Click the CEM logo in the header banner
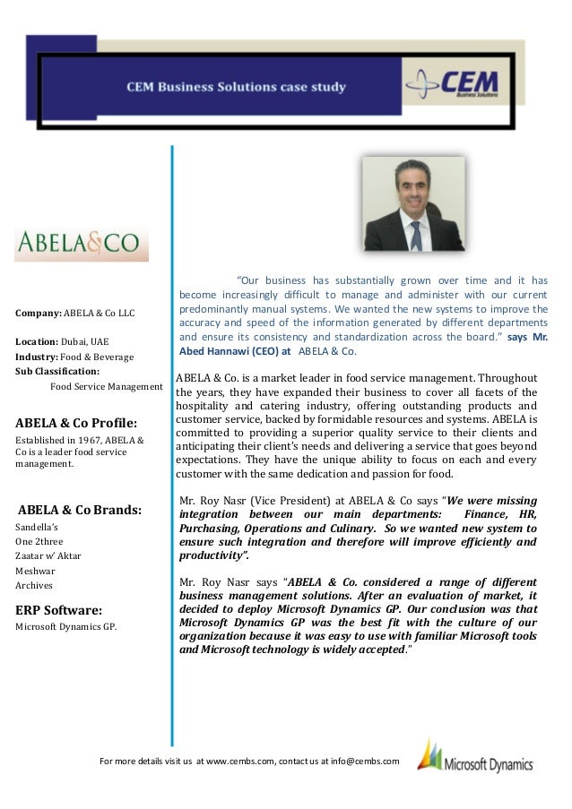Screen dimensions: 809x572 tap(456, 84)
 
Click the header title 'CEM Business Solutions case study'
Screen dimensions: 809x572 tap(235, 88)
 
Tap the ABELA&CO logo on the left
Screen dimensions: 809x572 tap(82, 243)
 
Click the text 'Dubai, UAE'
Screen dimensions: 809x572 tap(86, 342)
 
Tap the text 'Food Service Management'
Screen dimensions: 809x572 tap(107, 387)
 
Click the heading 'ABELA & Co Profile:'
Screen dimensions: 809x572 tap(74, 423)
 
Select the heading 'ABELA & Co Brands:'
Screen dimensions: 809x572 tap(80, 510)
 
